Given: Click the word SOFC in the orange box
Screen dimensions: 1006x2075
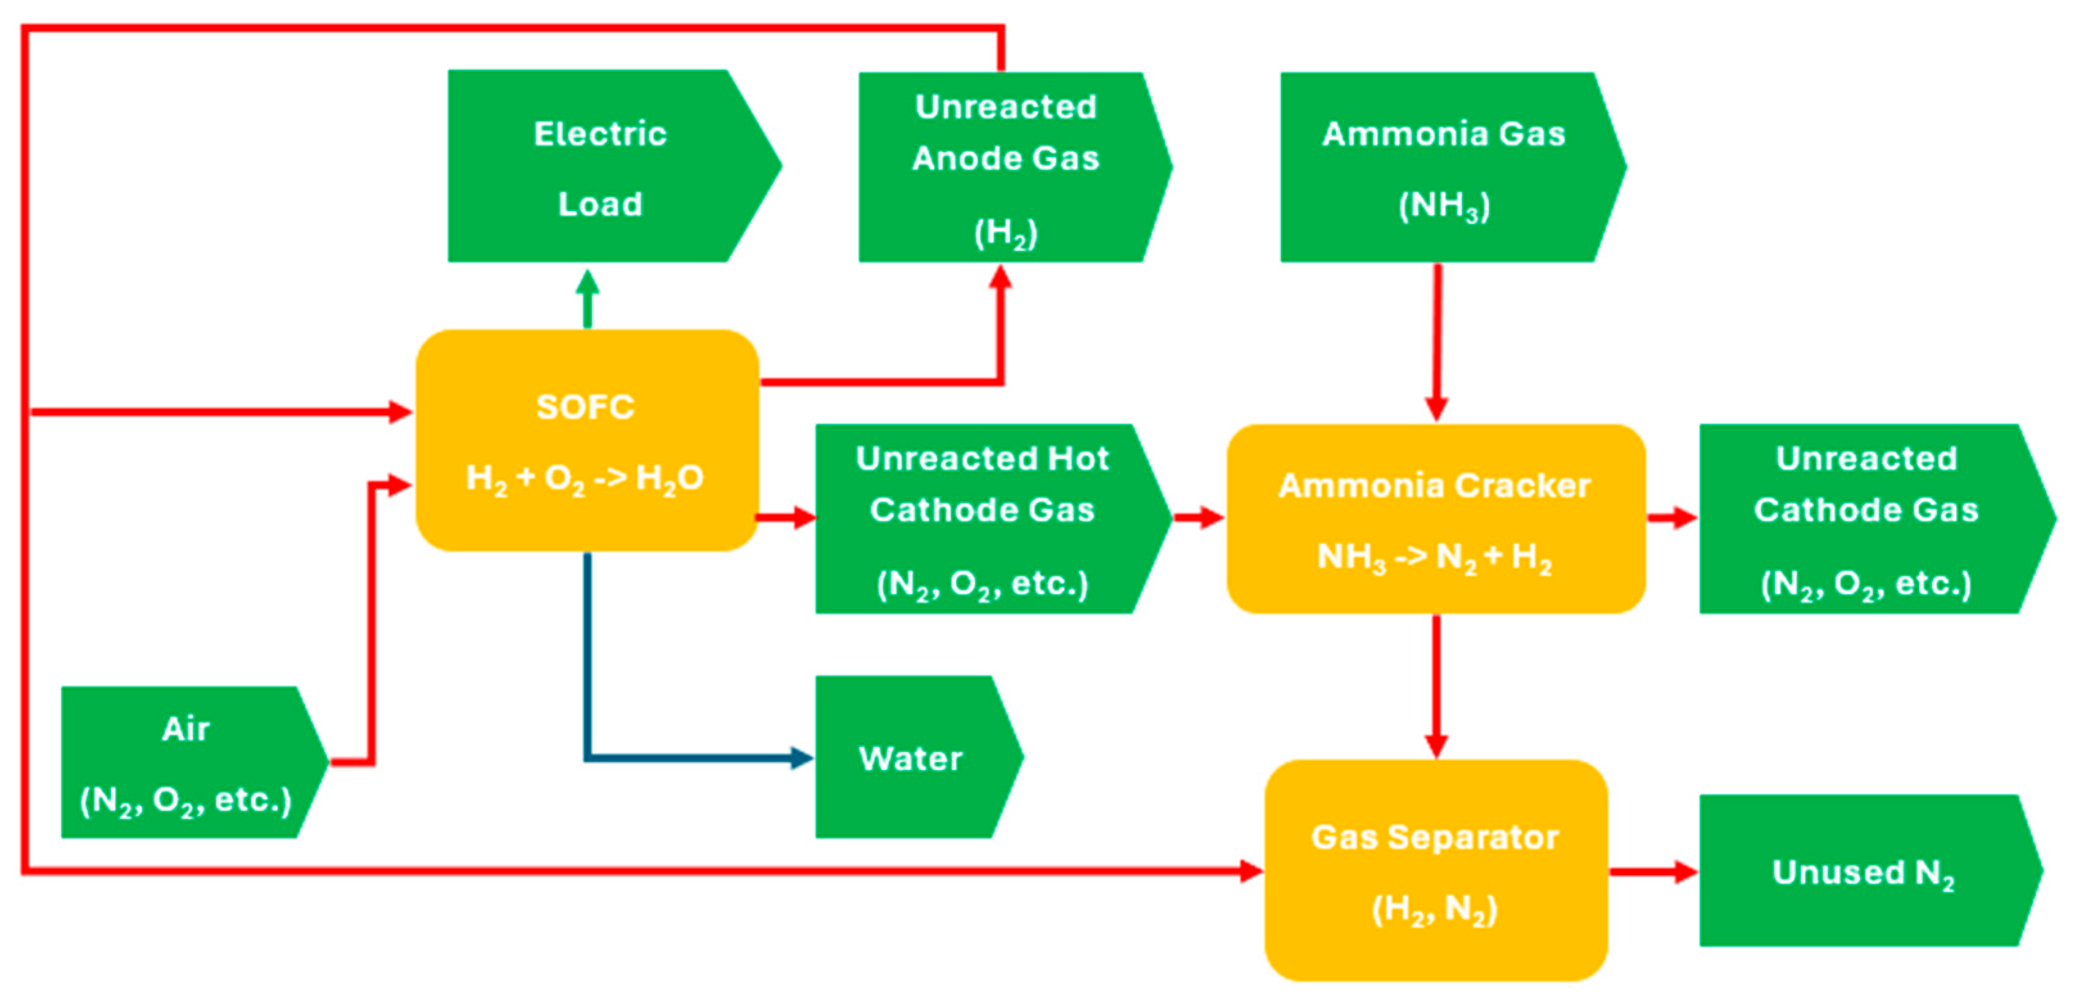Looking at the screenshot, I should (585, 407).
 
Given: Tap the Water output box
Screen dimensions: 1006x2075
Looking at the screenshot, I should (910, 757).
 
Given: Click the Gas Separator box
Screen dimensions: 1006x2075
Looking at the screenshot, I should (1435, 870).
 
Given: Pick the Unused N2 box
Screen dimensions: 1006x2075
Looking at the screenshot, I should (1863, 871).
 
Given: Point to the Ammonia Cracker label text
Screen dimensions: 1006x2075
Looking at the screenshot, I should (1434, 486).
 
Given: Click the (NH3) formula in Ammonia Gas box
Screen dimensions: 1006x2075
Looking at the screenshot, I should (1444, 206).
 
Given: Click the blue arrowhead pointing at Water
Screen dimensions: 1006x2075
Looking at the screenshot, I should (802, 757).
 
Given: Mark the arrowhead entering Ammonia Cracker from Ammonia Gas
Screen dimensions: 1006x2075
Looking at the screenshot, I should (1437, 407).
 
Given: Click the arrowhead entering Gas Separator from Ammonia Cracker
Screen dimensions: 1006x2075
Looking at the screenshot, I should (1437, 744).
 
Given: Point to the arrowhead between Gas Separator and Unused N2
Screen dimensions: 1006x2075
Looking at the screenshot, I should (1684, 871).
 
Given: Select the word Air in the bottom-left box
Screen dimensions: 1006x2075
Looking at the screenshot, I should (186, 729).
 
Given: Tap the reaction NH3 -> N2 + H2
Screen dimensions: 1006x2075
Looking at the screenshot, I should (1434, 556).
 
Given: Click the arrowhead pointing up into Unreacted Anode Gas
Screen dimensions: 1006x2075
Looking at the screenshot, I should (1001, 278).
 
